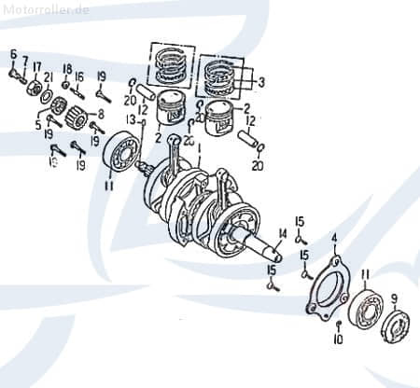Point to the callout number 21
tap(49, 76)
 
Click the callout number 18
tap(66, 68)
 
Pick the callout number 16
tap(79, 76)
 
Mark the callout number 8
tap(101, 114)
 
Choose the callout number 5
tap(38, 123)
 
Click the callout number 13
tap(132, 120)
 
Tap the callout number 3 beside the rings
tap(261, 82)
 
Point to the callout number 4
tap(334, 239)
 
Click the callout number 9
tap(394, 298)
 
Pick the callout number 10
tap(338, 340)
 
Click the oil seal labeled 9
tap(399, 326)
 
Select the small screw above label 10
tap(338, 323)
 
